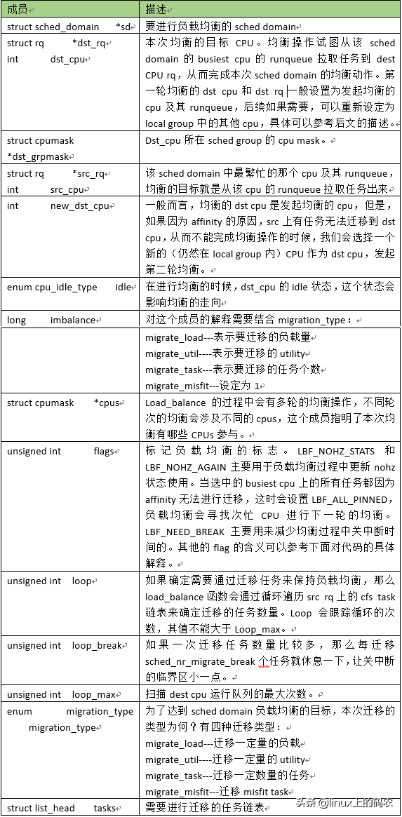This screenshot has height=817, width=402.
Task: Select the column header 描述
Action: [x=156, y=11]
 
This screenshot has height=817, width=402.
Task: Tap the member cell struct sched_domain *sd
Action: [x=69, y=27]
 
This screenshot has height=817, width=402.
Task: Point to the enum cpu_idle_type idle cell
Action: [x=70, y=288]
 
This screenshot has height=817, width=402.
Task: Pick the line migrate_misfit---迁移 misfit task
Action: [x=217, y=792]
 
